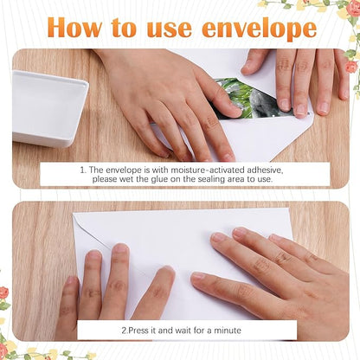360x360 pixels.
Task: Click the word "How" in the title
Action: (75, 28)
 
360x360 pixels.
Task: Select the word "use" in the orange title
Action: (170, 29)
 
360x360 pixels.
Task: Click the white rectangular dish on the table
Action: (49, 108)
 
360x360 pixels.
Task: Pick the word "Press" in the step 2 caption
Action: (138, 330)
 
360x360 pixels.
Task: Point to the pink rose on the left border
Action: (3, 292)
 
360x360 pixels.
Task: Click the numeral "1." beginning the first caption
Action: (83, 170)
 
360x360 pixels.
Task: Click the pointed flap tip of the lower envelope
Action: (108, 248)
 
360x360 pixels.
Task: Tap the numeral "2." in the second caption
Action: (125, 330)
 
